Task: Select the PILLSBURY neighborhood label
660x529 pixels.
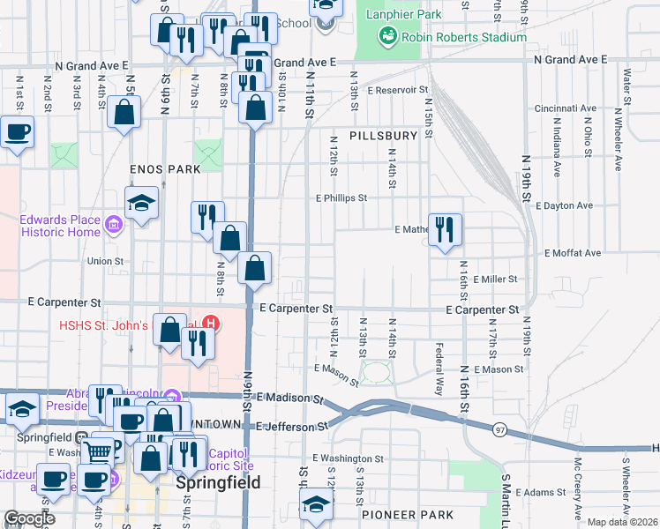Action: coord(382,136)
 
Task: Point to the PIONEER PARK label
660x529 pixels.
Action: coord(394,511)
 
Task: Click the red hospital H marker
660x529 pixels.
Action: coord(210,324)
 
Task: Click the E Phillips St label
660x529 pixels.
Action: coord(341,198)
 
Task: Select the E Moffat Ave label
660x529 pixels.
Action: coord(573,253)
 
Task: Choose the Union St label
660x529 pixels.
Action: coord(104,261)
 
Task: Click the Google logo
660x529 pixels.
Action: coord(29,518)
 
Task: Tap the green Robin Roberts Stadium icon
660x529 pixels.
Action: coord(386,36)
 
